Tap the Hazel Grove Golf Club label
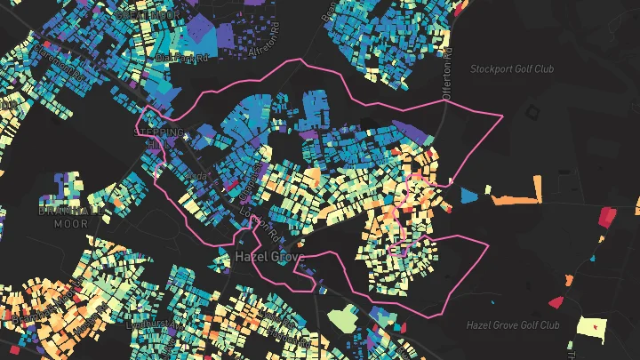click(x=511, y=325)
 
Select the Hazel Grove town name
click(x=269, y=257)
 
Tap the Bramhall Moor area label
click(x=67, y=219)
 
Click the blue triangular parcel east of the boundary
click(x=468, y=194)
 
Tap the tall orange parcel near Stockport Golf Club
click(x=537, y=189)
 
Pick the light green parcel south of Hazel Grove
click(x=340, y=317)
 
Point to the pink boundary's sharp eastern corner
click(x=502, y=116)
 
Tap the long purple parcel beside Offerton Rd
click(x=410, y=132)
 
